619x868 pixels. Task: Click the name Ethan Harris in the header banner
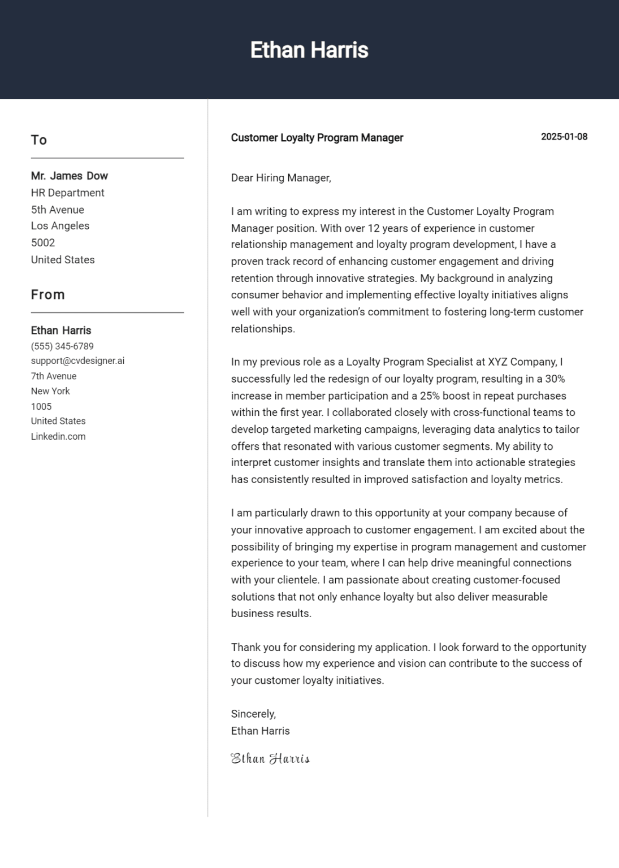pyautogui.click(x=309, y=50)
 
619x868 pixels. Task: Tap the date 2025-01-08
pyautogui.click(x=564, y=137)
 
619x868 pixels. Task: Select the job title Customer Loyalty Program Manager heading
pyautogui.click(x=317, y=138)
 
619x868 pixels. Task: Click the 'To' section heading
pyautogui.click(x=39, y=140)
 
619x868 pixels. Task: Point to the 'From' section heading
pyautogui.click(x=48, y=295)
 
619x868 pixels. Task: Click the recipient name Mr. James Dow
pyautogui.click(x=69, y=176)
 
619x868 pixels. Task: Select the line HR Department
pyautogui.click(x=67, y=193)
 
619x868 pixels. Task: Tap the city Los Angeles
pyautogui.click(x=60, y=225)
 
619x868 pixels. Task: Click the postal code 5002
pyautogui.click(x=43, y=242)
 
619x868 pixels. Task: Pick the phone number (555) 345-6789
pyautogui.click(x=62, y=346)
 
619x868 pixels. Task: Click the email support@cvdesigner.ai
pyautogui.click(x=77, y=361)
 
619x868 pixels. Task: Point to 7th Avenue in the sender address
pyautogui.click(x=54, y=376)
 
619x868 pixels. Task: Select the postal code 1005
pyautogui.click(x=41, y=406)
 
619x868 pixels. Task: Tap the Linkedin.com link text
pyautogui.click(x=58, y=436)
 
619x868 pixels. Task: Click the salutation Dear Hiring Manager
pyautogui.click(x=281, y=178)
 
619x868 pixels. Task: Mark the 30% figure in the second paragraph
pyautogui.click(x=555, y=379)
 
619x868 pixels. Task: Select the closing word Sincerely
pyautogui.click(x=253, y=714)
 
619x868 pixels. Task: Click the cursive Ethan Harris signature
pyautogui.click(x=270, y=758)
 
